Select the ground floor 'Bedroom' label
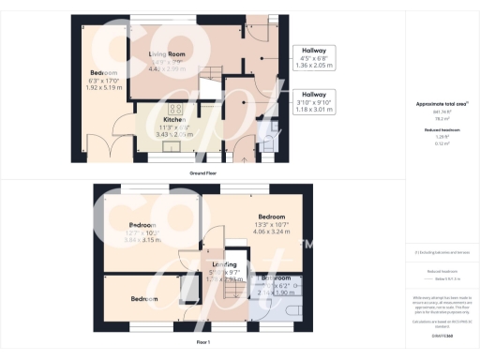(103, 73)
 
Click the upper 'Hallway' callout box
(315, 58)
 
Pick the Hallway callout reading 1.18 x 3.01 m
(315, 101)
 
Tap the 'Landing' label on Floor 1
(224, 265)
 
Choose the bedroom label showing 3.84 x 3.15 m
(142, 226)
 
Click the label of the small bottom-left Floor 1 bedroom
(144, 299)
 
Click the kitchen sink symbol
(172, 145)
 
